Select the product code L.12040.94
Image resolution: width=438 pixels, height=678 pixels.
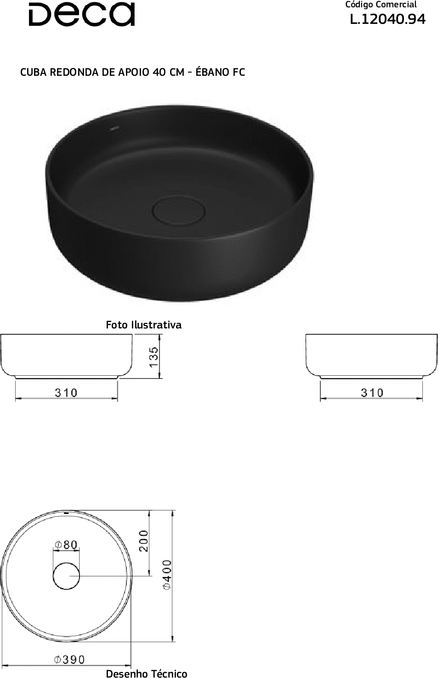[388, 20]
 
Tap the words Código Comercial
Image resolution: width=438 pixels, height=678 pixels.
[381, 5]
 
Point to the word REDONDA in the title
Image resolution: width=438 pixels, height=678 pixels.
[74, 72]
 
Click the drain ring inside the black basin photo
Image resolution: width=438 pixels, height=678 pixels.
[179, 210]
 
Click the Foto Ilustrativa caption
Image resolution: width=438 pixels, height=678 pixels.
[143, 325]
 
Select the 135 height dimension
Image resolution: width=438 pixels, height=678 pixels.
[154, 356]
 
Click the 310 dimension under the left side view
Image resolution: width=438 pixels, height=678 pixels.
[66, 393]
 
